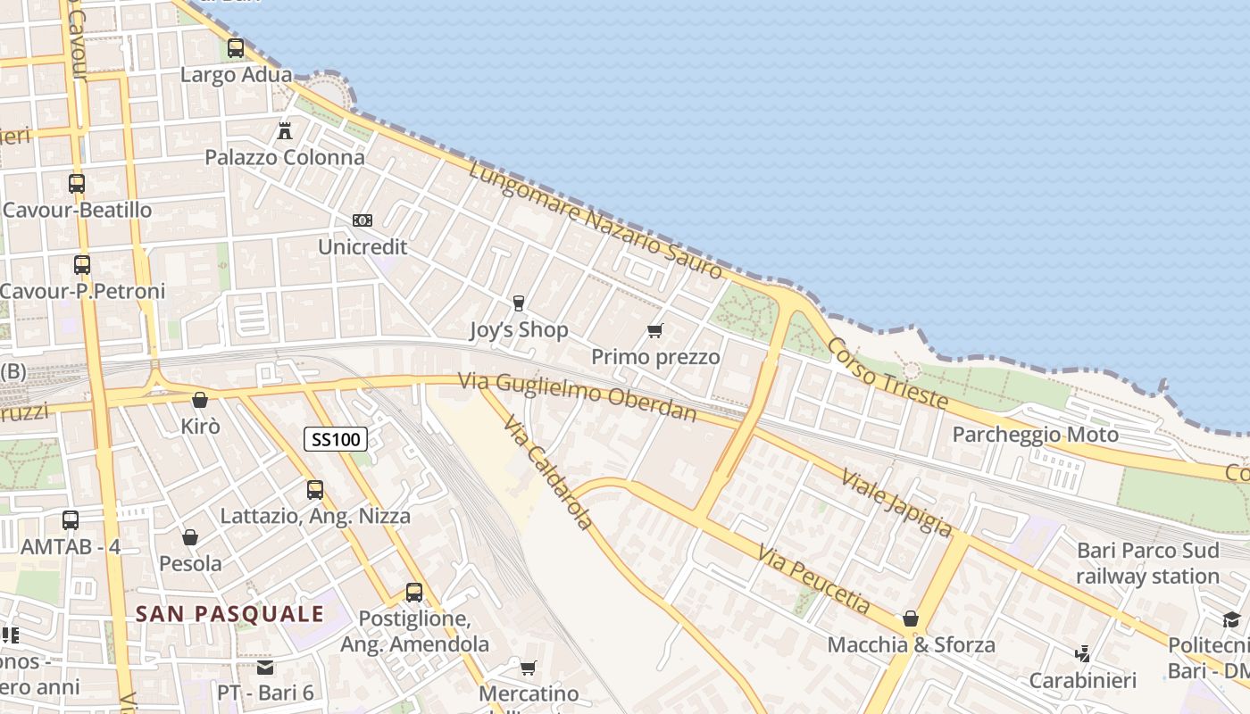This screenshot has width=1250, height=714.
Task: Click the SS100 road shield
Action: coord(336,439)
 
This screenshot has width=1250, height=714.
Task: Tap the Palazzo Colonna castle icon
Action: coord(285,130)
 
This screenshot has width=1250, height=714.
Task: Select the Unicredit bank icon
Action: coord(362,220)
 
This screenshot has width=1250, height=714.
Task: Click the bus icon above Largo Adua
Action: coord(236,48)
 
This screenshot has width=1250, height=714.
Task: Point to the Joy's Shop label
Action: coord(519,330)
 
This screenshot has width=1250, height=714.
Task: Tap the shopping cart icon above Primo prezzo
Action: coord(655,331)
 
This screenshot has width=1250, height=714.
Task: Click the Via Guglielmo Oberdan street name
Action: coord(577,396)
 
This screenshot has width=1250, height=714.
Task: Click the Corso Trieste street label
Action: coord(887,373)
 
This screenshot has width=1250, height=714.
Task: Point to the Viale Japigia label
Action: coord(896,502)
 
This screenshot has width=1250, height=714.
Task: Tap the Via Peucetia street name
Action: coord(813,578)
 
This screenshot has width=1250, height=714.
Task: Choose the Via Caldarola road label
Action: coord(546,472)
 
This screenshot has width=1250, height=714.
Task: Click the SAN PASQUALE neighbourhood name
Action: coord(229,614)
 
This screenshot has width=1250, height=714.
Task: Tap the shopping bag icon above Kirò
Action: coord(200,400)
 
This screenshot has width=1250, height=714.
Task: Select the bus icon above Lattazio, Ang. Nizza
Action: coord(315,489)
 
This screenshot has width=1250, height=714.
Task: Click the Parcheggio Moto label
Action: coord(1035,435)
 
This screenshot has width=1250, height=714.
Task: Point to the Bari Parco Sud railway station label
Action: coord(1147,563)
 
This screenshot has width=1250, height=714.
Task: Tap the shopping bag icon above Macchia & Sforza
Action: coord(911,619)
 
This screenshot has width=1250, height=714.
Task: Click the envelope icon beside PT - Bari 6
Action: coord(265,668)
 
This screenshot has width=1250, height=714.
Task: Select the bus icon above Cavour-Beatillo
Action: coord(77,184)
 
